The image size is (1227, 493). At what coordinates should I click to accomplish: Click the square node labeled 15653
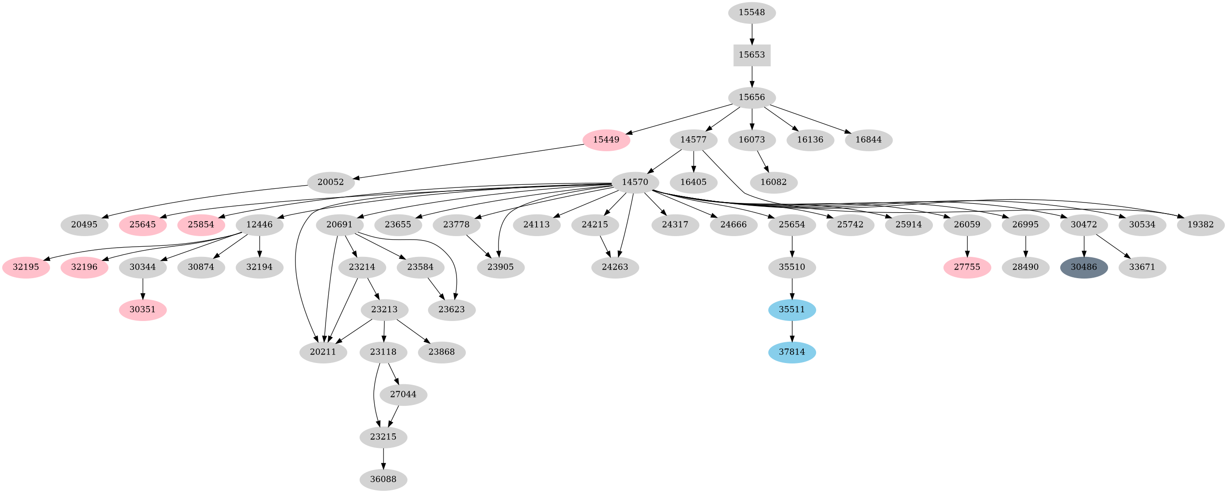click(752, 55)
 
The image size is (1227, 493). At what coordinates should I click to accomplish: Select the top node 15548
click(752, 13)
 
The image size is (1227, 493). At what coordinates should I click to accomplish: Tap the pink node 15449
click(606, 140)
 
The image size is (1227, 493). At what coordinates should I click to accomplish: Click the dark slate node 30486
click(1084, 267)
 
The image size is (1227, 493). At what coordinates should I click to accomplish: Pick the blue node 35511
click(792, 310)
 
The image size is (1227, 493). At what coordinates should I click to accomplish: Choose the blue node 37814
click(792, 352)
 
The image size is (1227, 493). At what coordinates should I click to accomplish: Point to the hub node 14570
click(635, 183)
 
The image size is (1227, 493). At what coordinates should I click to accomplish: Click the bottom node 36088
click(383, 479)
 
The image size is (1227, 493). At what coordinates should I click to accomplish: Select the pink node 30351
click(142, 310)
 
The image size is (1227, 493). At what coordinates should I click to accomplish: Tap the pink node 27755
click(967, 267)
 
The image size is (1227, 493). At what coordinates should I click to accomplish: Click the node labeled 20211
click(323, 352)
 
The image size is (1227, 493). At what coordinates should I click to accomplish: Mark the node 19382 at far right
click(1201, 225)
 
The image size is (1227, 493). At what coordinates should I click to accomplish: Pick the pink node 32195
click(26, 267)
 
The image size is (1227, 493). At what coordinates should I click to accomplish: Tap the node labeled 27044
click(403, 394)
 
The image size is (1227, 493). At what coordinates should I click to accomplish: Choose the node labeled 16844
click(868, 140)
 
